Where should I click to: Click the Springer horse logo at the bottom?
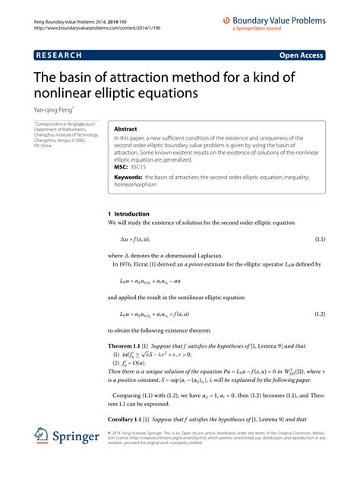coord(42,458)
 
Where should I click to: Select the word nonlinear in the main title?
coord(71,93)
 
